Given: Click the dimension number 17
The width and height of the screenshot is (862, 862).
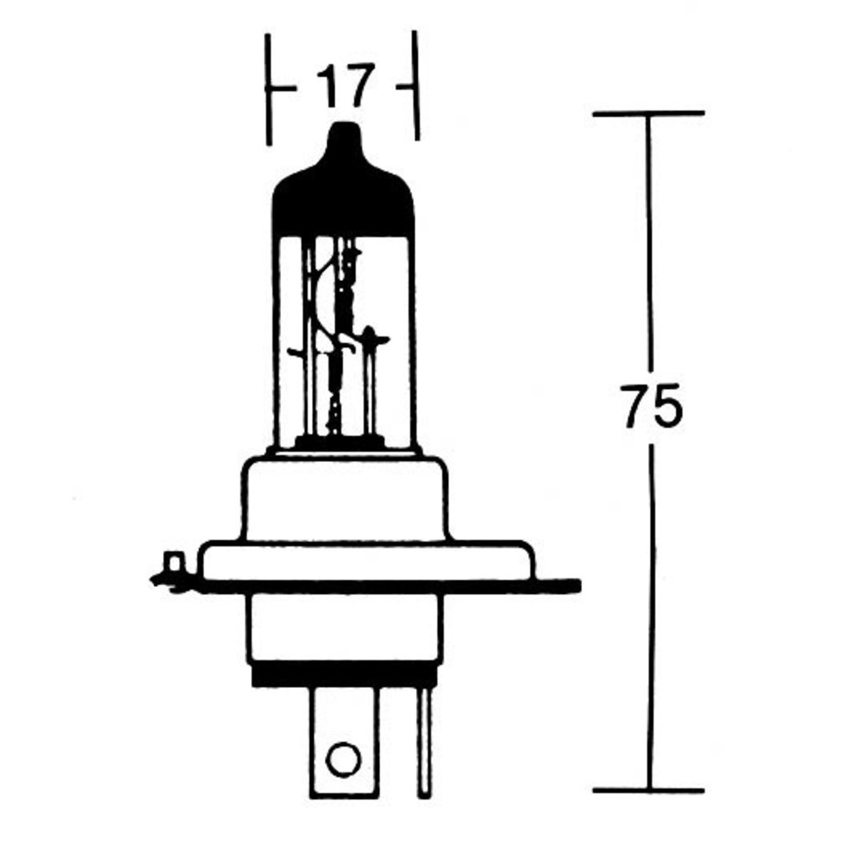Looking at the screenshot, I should pyautogui.click(x=347, y=86).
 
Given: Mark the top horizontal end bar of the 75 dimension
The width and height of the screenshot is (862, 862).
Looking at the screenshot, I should pyautogui.click(x=648, y=113).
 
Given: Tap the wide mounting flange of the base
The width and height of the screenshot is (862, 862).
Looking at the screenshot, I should pyautogui.click(x=362, y=560).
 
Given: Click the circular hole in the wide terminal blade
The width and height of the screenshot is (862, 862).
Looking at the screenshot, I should pyautogui.click(x=343, y=759).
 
